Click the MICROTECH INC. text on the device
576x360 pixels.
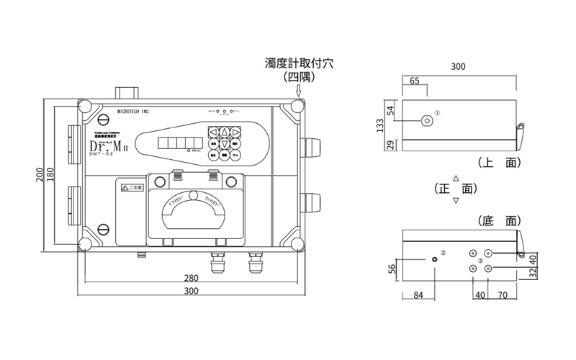[133, 113]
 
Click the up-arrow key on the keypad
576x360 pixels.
[225, 132]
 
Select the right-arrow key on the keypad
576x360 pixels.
[236, 132]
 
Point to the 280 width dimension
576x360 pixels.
[191, 279]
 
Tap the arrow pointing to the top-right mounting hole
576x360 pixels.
[299, 90]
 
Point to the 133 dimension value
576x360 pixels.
[379, 125]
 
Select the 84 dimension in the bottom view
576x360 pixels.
[419, 294]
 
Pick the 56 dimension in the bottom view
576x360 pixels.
[392, 269]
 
